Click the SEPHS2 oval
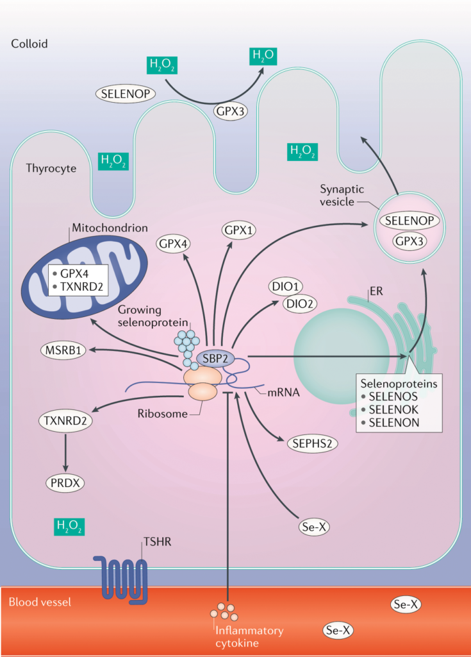(312, 442)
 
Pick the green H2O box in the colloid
(263, 55)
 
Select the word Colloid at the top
(29, 44)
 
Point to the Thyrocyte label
(51, 169)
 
